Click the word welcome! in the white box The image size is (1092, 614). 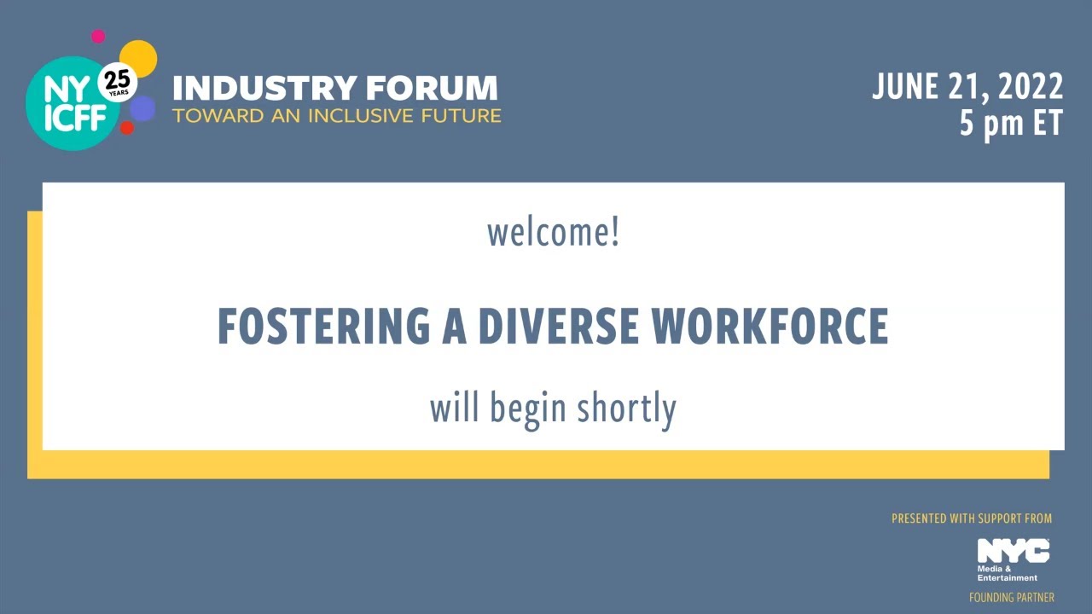coord(553,234)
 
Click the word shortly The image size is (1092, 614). coord(627,408)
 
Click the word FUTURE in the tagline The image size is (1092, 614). coord(462,115)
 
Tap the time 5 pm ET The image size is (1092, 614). coord(1011,124)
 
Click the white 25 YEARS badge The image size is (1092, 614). coord(118,84)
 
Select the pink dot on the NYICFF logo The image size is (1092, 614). coord(98,36)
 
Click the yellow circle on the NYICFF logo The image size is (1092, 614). coord(140,56)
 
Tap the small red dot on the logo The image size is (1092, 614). coord(127,128)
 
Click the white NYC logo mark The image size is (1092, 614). coord(1014,551)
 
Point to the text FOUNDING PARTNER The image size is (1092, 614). coord(1011,598)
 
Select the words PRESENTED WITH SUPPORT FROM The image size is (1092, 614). coord(972,518)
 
